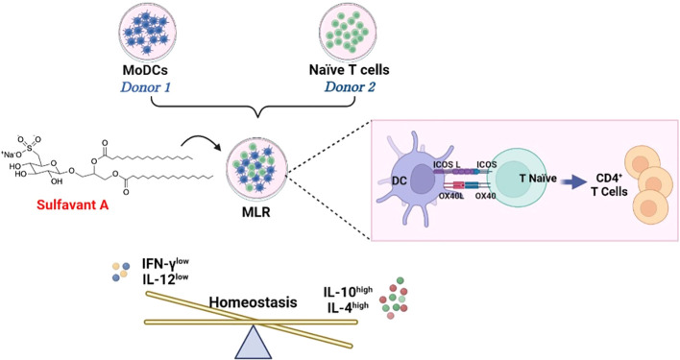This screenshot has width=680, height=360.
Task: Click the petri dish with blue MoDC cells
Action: pyautogui.click(x=157, y=31)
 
